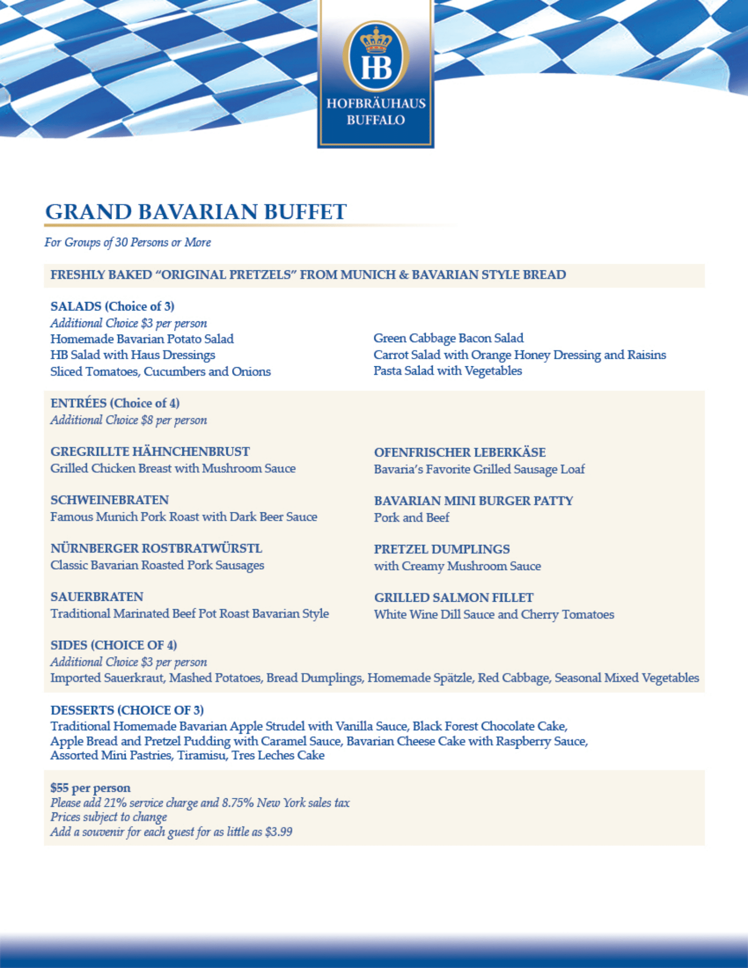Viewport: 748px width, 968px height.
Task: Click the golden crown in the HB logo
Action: coord(376,40)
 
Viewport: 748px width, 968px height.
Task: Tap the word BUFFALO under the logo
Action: coord(376,120)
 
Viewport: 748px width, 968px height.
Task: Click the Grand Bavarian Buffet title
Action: coord(196,212)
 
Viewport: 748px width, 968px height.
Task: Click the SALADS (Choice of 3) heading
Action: coord(112,306)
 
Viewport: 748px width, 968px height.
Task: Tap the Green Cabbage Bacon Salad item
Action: coord(448,338)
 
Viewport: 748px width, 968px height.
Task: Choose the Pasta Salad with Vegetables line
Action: coord(447,371)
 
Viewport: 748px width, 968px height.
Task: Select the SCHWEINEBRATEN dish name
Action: coord(110,500)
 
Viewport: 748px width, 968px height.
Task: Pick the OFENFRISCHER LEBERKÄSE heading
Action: coord(460,453)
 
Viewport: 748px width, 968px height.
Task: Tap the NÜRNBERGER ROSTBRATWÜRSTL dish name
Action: coord(156,548)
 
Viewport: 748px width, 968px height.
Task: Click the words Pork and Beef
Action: coord(412,518)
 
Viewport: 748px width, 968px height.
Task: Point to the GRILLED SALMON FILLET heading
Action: coord(454,598)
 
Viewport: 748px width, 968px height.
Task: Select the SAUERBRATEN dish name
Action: coord(97,597)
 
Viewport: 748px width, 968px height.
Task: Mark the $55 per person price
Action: coord(91,788)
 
